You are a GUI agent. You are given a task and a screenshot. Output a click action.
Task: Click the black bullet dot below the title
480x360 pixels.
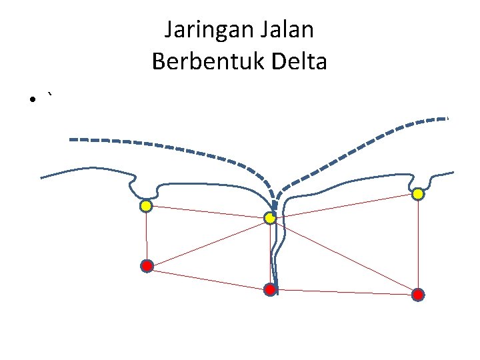pyautogui.click(x=31, y=100)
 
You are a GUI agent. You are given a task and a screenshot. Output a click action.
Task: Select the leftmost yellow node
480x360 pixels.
pyautogui.click(x=145, y=206)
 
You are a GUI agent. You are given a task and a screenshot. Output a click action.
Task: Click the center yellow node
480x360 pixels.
pyautogui.click(x=270, y=218)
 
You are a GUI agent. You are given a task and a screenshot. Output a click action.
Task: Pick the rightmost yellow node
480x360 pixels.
pyautogui.click(x=417, y=194)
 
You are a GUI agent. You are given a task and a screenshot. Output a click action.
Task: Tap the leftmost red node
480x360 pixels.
pyautogui.click(x=147, y=266)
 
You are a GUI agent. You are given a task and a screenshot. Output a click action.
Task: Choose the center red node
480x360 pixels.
pyautogui.click(x=270, y=289)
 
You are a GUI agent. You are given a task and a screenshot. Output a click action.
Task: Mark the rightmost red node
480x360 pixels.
pyautogui.click(x=417, y=294)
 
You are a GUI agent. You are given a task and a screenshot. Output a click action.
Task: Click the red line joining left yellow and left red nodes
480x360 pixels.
pyautogui.click(x=146, y=236)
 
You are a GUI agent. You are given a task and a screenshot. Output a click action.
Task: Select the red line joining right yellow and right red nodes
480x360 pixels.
pyautogui.click(x=417, y=244)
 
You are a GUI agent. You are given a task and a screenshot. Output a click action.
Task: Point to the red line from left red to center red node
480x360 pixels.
pyautogui.click(x=208, y=277)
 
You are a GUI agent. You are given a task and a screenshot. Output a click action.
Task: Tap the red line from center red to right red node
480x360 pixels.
pyautogui.click(x=343, y=291)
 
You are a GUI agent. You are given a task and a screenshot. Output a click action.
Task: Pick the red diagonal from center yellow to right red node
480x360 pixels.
pyautogui.click(x=343, y=256)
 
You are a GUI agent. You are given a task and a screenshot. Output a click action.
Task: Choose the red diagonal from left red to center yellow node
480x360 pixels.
pyautogui.click(x=208, y=242)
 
